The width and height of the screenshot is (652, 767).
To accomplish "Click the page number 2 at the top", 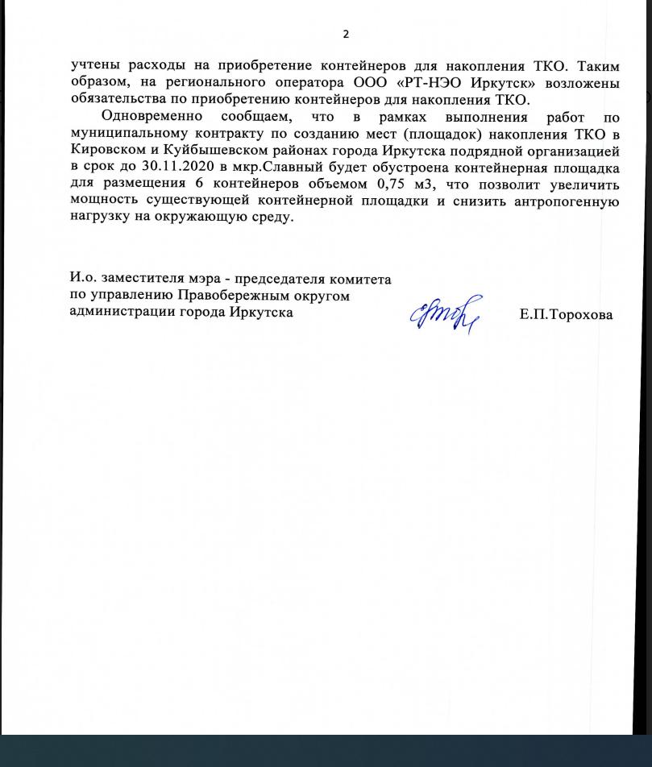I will (346, 34).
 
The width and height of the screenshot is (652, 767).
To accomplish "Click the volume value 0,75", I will (394, 185).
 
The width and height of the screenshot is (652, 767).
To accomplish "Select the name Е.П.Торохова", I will (566, 315).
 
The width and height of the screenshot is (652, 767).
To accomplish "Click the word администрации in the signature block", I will (120, 312).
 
